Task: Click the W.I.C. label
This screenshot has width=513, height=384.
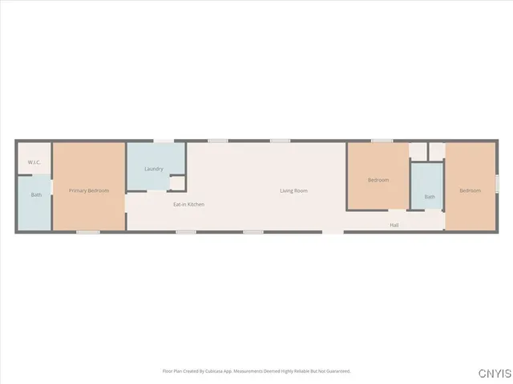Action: pyautogui.click(x=34, y=163)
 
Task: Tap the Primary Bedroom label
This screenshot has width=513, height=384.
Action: pyautogui.click(x=88, y=190)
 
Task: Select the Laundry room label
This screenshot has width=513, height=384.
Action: pyautogui.click(x=154, y=169)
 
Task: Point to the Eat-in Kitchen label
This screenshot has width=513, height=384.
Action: pyautogui.click(x=189, y=205)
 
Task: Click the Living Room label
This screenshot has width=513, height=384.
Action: pyautogui.click(x=293, y=190)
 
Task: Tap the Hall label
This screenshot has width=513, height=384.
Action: pyautogui.click(x=394, y=225)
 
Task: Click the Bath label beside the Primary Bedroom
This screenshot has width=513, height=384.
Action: pyautogui.click(x=36, y=195)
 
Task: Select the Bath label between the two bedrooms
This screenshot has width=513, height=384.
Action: pyautogui.click(x=430, y=197)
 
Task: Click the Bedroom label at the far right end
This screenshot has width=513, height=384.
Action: pyautogui.click(x=470, y=190)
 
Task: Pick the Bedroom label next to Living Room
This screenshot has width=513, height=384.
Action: pyautogui.click(x=378, y=180)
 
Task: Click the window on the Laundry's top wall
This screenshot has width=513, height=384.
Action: pyautogui.click(x=164, y=142)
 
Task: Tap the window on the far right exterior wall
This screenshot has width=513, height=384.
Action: pyautogui.click(x=496, y=183)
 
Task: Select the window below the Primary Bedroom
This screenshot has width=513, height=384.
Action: pyautogui.click(x=88, y=233)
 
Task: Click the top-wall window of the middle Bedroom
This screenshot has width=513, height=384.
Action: pyautogui.click(x=382, y=142)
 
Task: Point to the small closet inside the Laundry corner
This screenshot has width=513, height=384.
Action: pyautogui.click(x=177, y=183)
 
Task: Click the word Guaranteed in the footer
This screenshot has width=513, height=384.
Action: pyautogui.click(x=335, y=371)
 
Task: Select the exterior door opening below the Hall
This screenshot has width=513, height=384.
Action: pyautogui.click(x=333, y=233)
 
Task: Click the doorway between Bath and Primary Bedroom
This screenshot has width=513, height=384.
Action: pyautogui.click(x=52, y=187)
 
